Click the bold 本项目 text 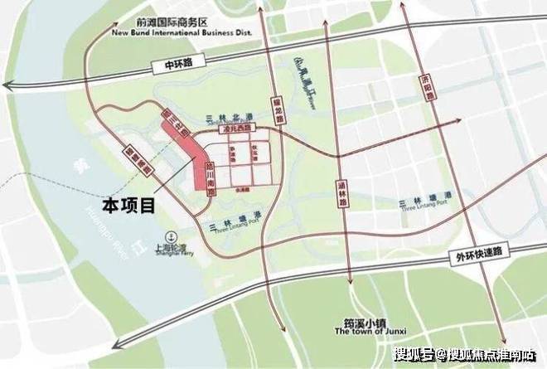[x=129, y=204]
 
